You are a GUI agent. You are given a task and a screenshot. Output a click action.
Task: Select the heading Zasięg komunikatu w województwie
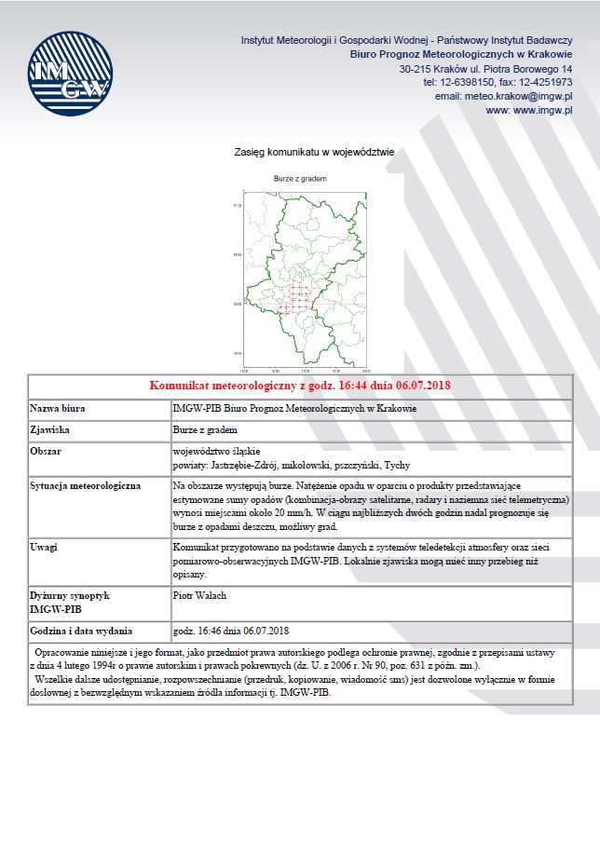pos(315,150)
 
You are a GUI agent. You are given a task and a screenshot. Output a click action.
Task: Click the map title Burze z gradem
pos(300,177)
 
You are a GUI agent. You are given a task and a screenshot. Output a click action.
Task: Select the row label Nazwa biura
pos(58,408)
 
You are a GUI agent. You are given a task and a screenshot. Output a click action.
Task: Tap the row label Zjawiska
pos(50,430)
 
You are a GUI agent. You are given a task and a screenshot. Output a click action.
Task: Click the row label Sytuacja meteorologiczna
pos(85,486)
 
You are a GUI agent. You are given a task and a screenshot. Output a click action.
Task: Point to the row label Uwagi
pos(44,547)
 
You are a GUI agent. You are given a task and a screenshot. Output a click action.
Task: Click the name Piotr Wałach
pos(199,594)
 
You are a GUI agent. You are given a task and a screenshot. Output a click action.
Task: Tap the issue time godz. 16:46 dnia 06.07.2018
pos(231,631)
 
